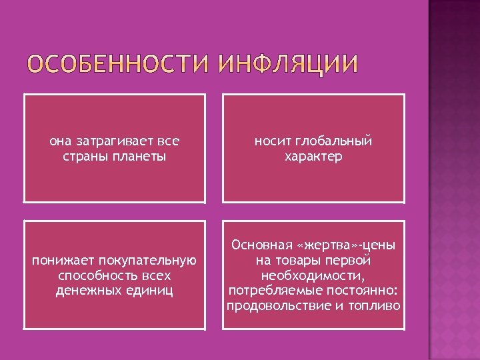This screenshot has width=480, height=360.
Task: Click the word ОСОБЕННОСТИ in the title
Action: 117,65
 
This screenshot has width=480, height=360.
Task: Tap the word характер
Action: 313,157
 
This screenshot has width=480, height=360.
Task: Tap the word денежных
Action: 87,291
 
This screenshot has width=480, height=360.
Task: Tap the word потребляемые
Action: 269,291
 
